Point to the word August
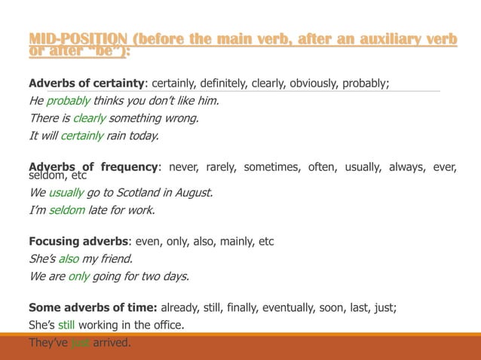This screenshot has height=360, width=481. pyautogui.click(x=195, y=192)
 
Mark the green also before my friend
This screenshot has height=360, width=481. pyautogui.click(x=69, y=259)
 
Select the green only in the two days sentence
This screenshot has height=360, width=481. pyautogui.click(x=79, y=276)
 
